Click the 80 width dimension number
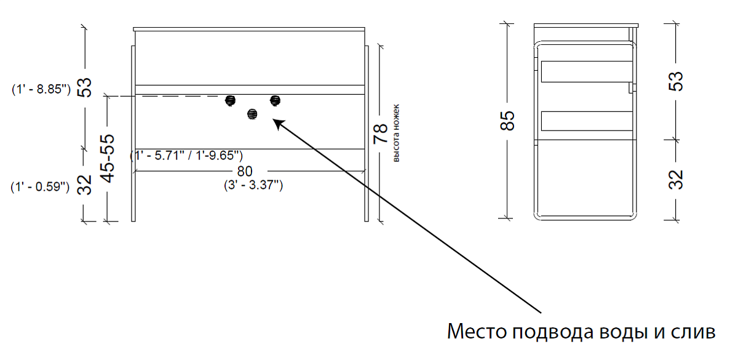(x=245, y=171)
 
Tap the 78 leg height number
(x=380, y=133)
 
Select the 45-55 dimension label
(x=108, y=159)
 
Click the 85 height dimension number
(x=507, y=121)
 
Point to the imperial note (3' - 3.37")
(x=253, y=185)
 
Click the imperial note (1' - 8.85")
(x=41, y=89)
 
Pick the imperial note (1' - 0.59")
(x=40, y=187)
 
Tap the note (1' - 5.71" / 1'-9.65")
(x=186, y=155)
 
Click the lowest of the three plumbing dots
(x=252, y=114)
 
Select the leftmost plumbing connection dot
(x=230, y=100)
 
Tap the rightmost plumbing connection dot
(x=275, y=100)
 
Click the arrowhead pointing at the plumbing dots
(x=279, y=124)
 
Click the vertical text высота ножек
(x=395, y=133)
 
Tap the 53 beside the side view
(x=676, y=81)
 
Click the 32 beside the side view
(x=676, y=179)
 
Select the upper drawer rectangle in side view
(x=587, y=71)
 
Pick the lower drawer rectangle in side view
(x=587, y=121)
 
